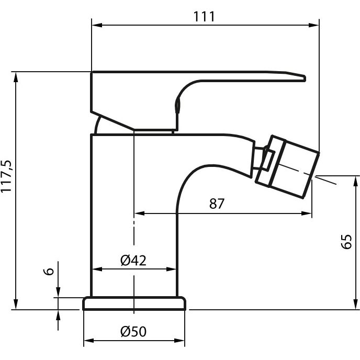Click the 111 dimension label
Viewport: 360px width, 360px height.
point(204,17)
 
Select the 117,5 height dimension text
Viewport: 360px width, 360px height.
point(6,176)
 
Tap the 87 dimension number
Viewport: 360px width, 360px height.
point(217,204)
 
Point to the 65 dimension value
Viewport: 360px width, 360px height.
point(346,242)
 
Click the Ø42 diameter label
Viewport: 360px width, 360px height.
point(133,261)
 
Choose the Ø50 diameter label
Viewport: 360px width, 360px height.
point(133,331)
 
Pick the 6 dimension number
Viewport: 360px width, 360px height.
point(49,271)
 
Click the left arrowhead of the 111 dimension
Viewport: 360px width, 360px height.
point(97,25)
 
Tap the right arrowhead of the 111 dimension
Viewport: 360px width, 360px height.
point(314,25)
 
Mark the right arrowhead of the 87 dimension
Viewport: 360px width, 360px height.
point(307,213)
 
